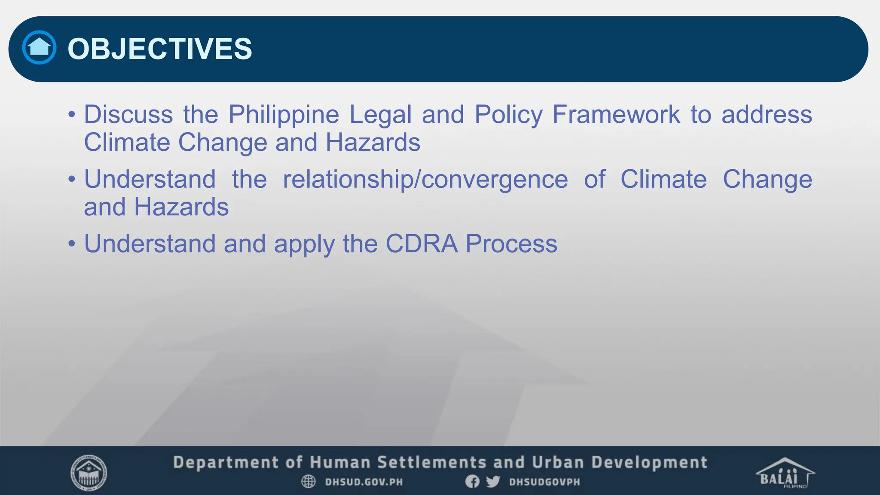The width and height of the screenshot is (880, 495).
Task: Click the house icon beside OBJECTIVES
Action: tap(39, 47)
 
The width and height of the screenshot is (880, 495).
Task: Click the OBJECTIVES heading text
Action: tap(160, 49)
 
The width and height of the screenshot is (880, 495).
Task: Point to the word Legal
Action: tap(380, 115)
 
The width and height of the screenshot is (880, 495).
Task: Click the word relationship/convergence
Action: tap(425, 180)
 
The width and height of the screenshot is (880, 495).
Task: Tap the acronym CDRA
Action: tap(422, 244)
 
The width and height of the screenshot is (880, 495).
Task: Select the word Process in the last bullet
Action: tap(511, 244)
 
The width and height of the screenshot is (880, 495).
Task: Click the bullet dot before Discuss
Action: tap(72, 115)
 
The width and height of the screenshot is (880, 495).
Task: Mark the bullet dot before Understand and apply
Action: tap(72, 244)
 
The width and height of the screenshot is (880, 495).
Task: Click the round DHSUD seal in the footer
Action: tap(89, 473)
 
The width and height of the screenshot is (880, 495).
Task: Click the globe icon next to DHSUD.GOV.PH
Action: tap(308, 482)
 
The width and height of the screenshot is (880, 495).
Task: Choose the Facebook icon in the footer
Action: tap(472, 482)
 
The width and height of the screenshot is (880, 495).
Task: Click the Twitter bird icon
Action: tap(493, 482)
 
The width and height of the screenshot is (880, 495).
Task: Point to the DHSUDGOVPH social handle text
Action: tap(544, 482)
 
